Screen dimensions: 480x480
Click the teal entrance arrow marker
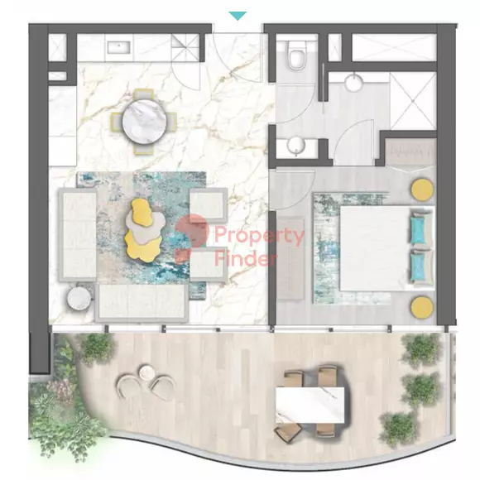238,16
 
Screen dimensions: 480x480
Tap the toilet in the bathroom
296,55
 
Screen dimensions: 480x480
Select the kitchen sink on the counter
118,47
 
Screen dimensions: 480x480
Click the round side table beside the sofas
79,296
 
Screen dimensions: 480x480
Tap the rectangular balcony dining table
310,406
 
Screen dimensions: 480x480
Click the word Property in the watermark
259,235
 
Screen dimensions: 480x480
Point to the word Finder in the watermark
246,258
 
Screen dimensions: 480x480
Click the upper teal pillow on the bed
418,229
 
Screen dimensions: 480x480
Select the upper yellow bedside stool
422,190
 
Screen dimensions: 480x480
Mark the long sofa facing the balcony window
142,303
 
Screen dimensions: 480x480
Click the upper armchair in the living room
209,204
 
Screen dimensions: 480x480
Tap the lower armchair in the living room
209,264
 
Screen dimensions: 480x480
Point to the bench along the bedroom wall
290,258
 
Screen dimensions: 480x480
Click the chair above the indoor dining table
145,94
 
